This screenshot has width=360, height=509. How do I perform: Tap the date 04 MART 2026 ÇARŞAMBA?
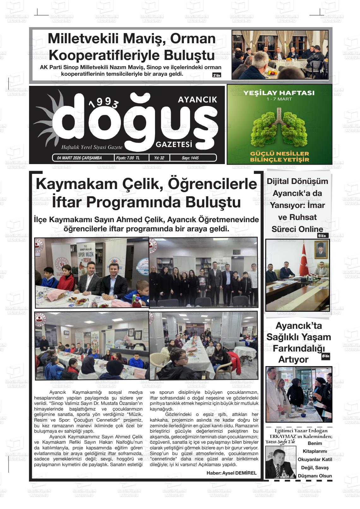pos(77,158)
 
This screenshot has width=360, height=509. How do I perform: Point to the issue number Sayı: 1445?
pos(190,158)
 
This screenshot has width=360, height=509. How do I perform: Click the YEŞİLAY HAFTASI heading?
pos(279,93)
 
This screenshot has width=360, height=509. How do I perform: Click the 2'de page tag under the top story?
pos(217,75)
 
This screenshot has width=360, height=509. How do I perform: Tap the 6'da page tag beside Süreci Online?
pos(323,235)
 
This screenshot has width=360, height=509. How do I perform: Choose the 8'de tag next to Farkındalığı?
pos(325,357)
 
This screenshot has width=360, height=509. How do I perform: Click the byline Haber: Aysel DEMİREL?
pos(231,473)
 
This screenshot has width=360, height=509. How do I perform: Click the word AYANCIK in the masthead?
pos(197,100)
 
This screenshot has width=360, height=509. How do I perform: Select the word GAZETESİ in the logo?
pos(174,145)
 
